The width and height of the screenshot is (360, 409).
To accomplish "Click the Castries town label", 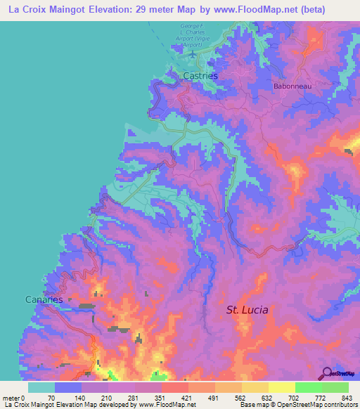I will coord(200,74).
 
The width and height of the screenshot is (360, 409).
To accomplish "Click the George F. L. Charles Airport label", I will coord(186,35).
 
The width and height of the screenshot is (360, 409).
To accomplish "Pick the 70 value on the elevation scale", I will coord(51,398).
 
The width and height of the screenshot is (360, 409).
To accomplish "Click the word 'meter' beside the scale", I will coord(10,398).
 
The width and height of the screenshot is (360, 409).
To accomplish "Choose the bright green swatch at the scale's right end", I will coord(335,387).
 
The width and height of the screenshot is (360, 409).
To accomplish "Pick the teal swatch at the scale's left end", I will coord(41,387).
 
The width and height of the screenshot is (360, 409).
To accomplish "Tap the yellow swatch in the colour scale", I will coord(281,387).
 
